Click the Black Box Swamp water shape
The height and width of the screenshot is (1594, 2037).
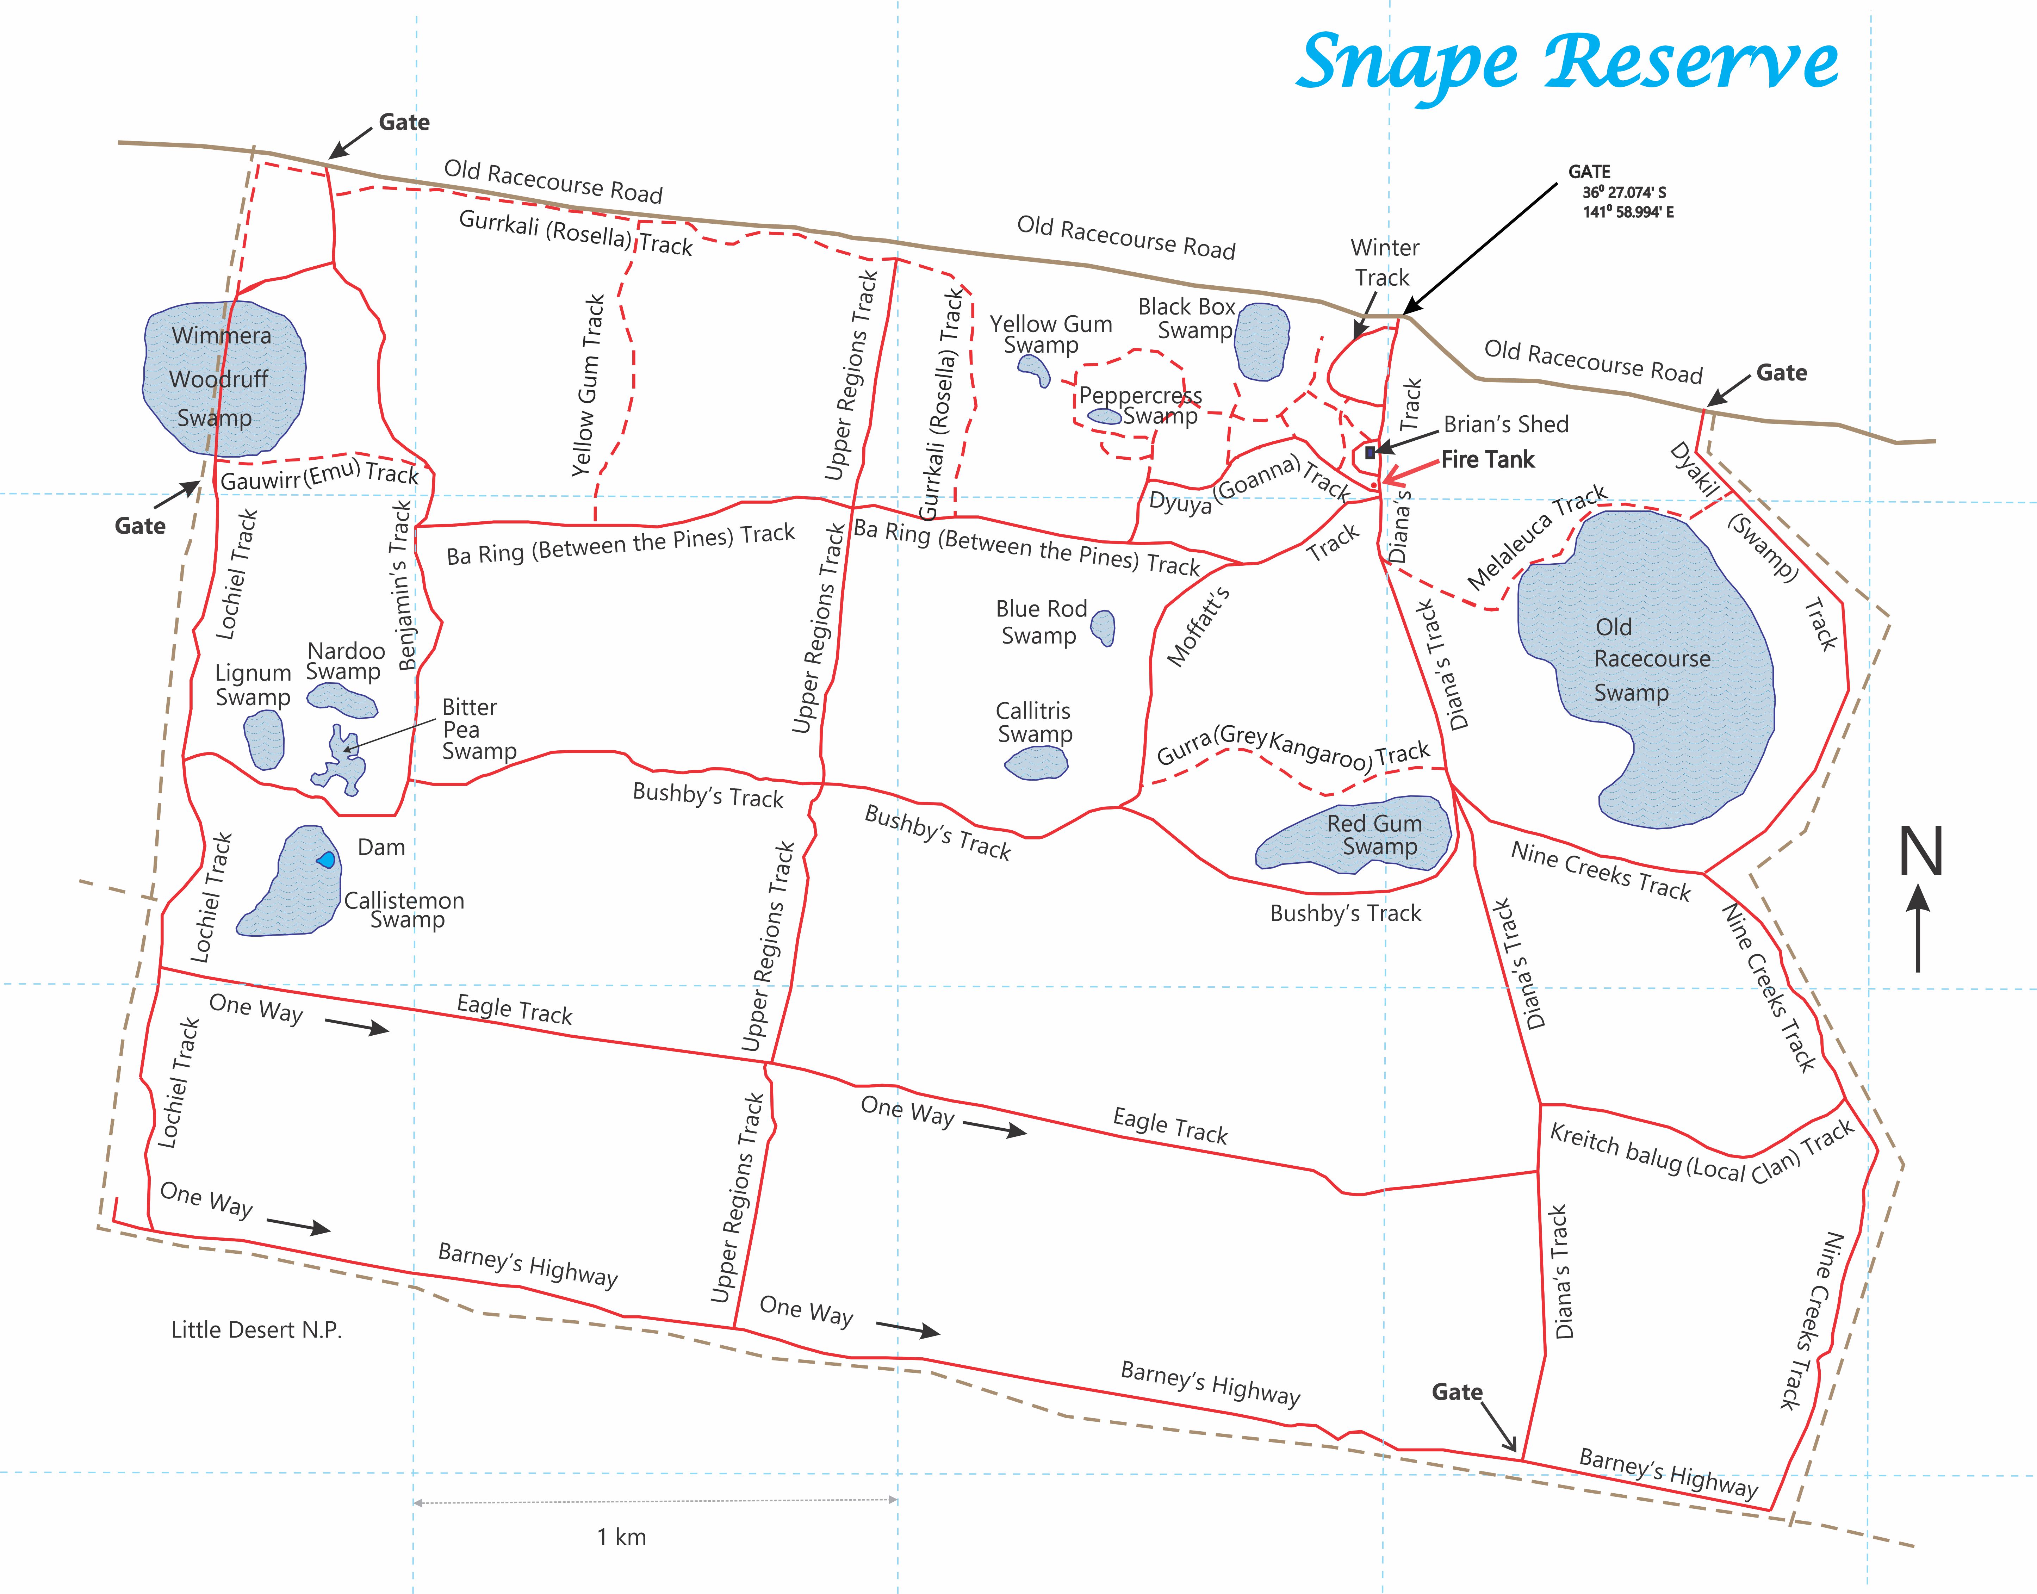[1262, 342]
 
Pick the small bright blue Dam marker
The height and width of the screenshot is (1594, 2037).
[326, 860]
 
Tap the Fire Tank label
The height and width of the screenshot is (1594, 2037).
[1488, 459]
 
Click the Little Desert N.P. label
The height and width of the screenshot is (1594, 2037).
[257, 1330]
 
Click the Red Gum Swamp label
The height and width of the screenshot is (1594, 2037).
[1374, 834]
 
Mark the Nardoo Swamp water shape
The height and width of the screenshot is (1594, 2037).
[342, 700]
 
